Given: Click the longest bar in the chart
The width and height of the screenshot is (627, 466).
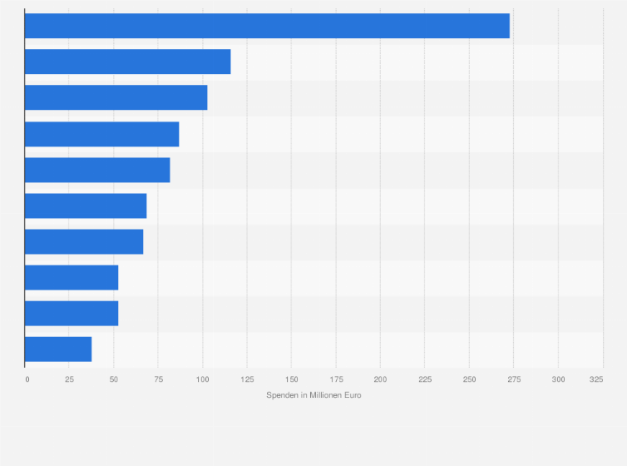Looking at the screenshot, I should click(x=266, y=26).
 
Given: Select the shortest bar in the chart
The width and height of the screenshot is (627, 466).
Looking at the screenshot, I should click(x=58, y=349).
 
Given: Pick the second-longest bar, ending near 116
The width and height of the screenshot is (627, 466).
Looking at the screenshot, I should click(x=127, y=62).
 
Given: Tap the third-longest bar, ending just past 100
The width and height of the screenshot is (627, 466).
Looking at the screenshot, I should click(x=116, y=97).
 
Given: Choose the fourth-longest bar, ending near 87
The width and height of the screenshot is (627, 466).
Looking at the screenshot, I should click(x=101, y=134).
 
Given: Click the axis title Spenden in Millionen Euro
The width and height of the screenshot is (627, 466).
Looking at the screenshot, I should click(x=313, y=395).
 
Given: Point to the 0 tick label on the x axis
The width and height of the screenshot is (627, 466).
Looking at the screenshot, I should click(x=27, y=379).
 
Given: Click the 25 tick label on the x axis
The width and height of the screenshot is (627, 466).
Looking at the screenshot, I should click(x=69, y=379).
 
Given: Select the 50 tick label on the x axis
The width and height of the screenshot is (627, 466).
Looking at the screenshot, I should click(x=113, y=379).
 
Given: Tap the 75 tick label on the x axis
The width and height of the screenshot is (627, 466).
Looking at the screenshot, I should click(x=158, y=379).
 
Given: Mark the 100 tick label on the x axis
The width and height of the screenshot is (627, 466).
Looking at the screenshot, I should click(x=202, y=379).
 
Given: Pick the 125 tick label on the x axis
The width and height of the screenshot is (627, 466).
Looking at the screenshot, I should click(x=247, y=379).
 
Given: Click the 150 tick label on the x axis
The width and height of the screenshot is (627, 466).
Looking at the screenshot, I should click(x=291, y=379).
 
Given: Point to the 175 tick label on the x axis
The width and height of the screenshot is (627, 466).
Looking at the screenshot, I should click(x=336, y=379).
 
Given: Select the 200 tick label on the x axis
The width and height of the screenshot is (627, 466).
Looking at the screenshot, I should click(x=380, y=379).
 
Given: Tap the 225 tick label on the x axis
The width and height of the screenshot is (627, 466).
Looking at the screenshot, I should click(x=424, y=379).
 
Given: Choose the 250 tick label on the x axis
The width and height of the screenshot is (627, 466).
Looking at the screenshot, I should click(x=469, y=379).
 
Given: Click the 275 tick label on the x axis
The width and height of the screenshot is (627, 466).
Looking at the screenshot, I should click(x=513, y=379).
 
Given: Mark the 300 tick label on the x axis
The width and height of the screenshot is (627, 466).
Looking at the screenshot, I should click(x=558, y=379).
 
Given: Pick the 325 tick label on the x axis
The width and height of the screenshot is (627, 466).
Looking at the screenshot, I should click(x=596, y=379).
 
